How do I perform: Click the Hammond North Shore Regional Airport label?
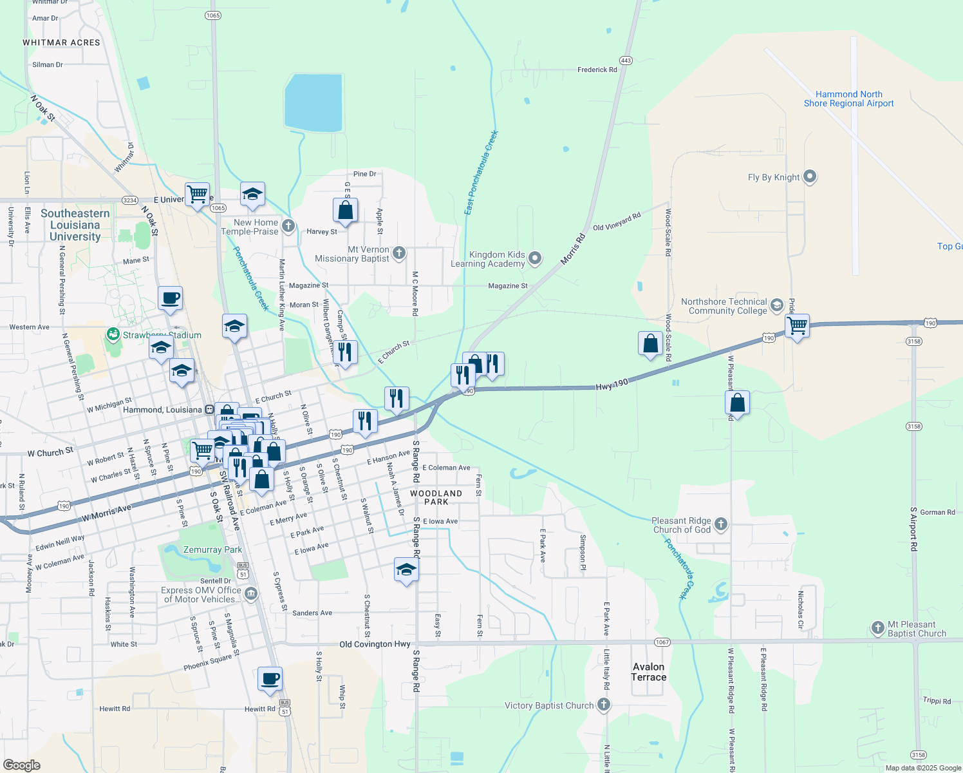tap(848, 99)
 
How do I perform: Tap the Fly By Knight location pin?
tap(810, 176)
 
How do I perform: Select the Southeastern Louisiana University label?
tap(75, 225)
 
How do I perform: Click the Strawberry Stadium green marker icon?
tap(113, 334)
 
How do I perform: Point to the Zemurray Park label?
tap(212, 549)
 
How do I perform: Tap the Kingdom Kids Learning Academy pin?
tap(535, 259)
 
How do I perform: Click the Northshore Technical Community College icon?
tap(777, 305)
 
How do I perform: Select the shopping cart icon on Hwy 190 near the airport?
tap(797, 326)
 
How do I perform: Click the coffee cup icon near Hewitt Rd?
tap(270, 679)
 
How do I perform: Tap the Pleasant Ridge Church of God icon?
tap(721, 524)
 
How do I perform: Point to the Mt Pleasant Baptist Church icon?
tap(877, 628)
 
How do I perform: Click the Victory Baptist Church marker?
tap(603, 705)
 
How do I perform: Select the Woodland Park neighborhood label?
tap(436, 497)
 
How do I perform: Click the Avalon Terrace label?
tap(648, 672)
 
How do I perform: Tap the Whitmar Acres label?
tap(61, 43)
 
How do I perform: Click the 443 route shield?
tap(626, 61)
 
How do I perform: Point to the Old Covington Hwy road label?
tap(375, 644)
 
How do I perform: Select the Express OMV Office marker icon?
tap(251, 593)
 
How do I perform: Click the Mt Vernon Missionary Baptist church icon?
tap(399, 253)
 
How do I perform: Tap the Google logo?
tap(22, 765)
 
